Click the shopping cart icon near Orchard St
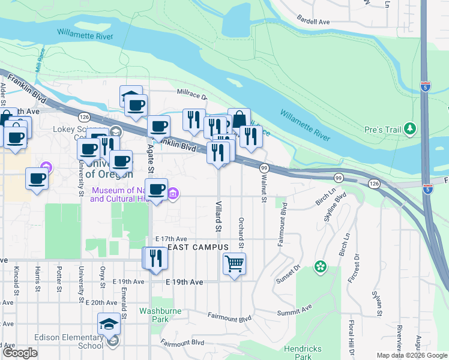(x=234, y=263)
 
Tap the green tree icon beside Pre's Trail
(x=410, y=128)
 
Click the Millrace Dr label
(x=191, y=95)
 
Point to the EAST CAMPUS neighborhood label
(x=198, y=247)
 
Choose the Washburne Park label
(x=153, y=315)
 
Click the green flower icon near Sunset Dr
(x=321, y=265)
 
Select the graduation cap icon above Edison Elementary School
(x=109, y=324)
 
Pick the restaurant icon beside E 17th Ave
(x=156, y=258)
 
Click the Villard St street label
(x=218, y=216)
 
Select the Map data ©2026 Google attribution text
(x=411, y=355)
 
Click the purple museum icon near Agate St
(x=173, y=193)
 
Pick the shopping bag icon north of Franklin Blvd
(x=239, y=117)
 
